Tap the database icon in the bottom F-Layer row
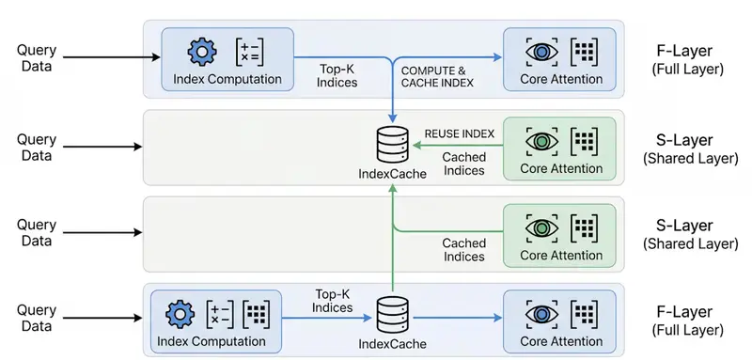coord(393,312)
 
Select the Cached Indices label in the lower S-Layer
coord(463,249)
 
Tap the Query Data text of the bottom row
coord(38,318)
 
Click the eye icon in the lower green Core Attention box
coord(539,227)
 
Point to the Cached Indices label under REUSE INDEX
coord(463,164)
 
